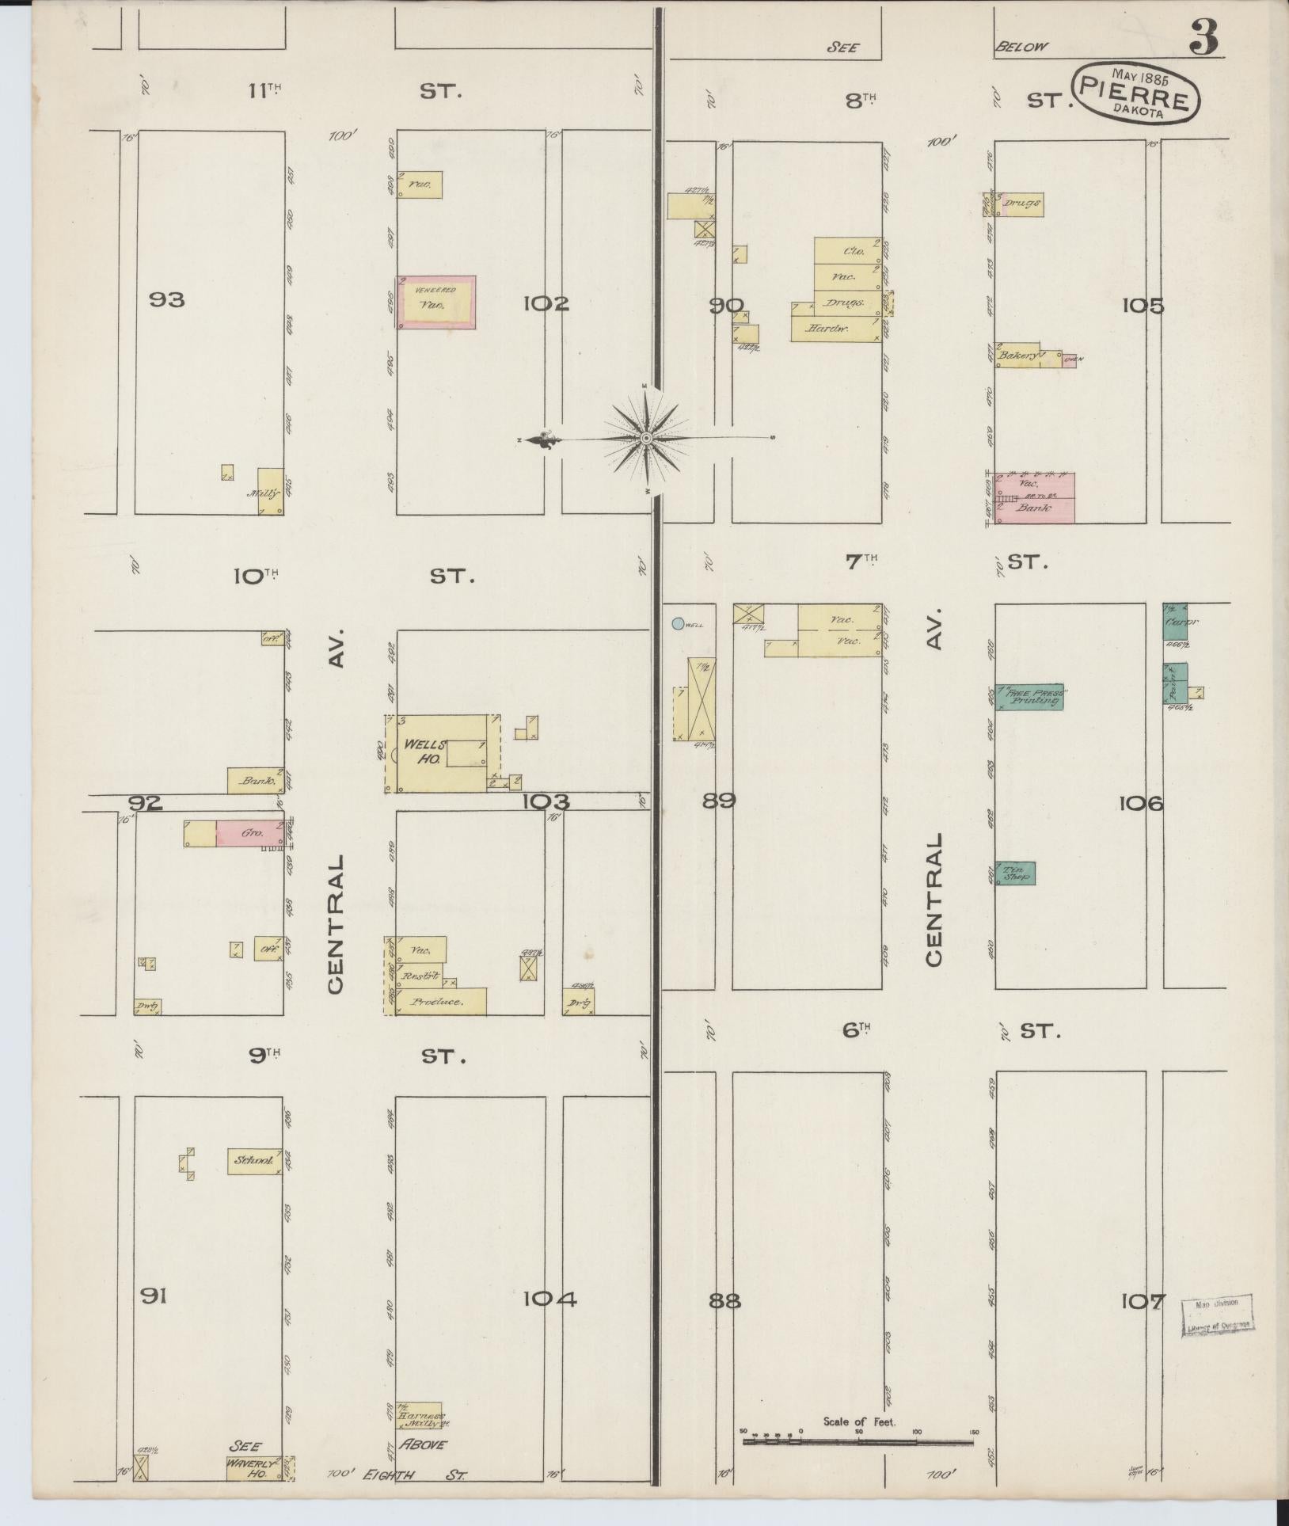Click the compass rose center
(646, 438)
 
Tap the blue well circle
(678, 624)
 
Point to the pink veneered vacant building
(436, 303)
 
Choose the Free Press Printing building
(1029, 697)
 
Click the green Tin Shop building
(1015, 873)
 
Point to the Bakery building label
(1017, 356)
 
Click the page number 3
(1202, 37)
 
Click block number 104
(549, 1300)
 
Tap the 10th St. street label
(257, 577)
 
